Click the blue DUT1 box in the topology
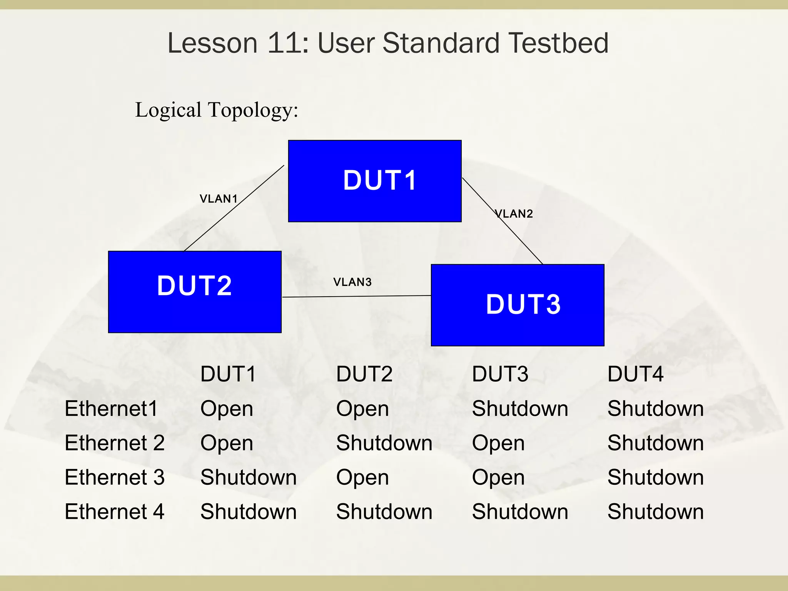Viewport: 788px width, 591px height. coord(375,181)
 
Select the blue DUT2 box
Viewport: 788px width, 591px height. coord(195,292)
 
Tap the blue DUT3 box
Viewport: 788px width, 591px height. coord(518,305)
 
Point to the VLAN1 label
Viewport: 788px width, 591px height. coord(218,199)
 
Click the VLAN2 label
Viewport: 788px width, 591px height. coord(514,214)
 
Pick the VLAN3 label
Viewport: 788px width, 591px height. coord(352,282)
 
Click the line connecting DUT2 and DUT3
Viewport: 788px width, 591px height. coord(356,296)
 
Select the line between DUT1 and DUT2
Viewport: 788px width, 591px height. coord(234,208)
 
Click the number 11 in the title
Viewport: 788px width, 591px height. coord(283,43)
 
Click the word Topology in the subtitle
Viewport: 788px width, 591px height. coord(253,110)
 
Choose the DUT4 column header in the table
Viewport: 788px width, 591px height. coord(635,374)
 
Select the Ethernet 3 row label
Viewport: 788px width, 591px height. coord(114,477)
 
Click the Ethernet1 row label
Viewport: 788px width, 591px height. coord(111,409)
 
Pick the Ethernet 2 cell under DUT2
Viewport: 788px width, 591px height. coord(384,443)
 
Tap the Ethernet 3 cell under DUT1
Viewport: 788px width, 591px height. coord(248,477)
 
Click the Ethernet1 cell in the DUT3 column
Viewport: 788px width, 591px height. coord(520,409)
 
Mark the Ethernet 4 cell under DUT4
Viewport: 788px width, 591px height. coord(655,512)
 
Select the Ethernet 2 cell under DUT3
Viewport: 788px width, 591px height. coord(498,443)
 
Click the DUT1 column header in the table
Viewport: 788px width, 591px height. coord(228,374)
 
